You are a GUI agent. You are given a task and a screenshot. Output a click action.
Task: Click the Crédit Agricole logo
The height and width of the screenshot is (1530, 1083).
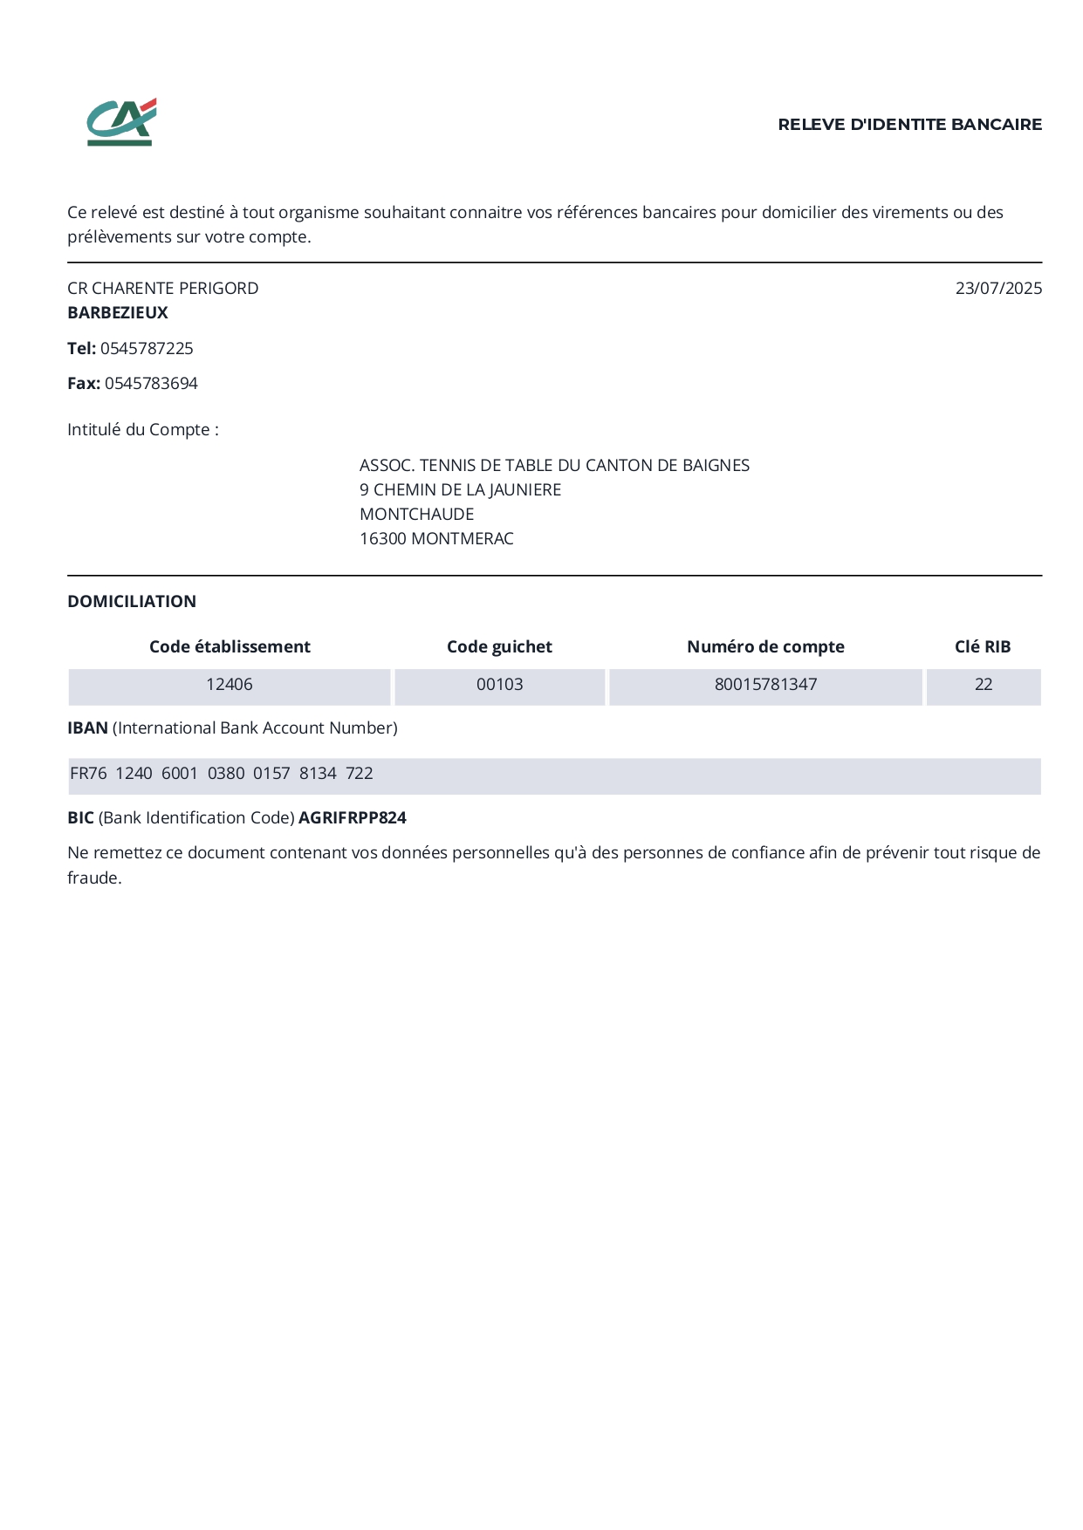click(x=121, y=122)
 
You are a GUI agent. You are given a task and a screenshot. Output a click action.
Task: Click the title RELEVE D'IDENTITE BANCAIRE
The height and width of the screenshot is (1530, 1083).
click(x=909, y=125)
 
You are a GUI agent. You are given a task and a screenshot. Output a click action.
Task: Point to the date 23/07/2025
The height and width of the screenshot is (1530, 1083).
click(x=998, y=289)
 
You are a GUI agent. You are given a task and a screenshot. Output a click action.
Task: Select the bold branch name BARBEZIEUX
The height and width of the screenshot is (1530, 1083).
click(x=118, y=312)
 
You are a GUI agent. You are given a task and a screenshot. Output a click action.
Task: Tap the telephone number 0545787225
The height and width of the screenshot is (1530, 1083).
click(x=147, y=349)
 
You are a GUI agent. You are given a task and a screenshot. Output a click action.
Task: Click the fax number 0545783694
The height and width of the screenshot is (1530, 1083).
click(x=151, y=384)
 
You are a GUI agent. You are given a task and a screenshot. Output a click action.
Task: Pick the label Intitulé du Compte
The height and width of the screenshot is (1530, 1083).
click(x=142, y=430)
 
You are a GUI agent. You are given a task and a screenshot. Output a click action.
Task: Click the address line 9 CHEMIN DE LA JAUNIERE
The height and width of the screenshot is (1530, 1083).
click(x=460, y=490)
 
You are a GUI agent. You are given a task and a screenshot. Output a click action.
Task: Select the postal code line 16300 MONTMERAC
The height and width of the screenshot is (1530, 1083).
click(x=436, y=539)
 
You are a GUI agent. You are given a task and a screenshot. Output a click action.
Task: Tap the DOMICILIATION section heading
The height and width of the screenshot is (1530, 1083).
click(x=132, y=602)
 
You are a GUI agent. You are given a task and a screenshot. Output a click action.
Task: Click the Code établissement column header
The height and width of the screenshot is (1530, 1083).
click(x=230, y=647)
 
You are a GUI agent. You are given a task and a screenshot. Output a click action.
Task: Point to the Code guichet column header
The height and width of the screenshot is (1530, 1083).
click(x=499, y=647)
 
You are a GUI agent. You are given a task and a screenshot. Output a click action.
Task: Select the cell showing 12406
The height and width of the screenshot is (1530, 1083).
click(x=230, y=685)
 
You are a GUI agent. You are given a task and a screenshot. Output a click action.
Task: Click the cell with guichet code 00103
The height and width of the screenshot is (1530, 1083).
click(x=499, y=685)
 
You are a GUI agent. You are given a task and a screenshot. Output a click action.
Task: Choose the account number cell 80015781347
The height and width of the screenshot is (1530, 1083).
click(x=765, y=685)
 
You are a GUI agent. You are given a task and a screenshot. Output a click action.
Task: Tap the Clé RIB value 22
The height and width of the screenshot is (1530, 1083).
click(x=984, y=685)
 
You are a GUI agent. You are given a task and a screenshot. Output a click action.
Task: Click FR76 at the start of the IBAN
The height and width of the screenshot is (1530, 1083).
click(x=88, y=774)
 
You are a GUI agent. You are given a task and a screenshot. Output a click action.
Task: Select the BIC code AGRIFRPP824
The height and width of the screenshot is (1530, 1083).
click(x=353, y=818)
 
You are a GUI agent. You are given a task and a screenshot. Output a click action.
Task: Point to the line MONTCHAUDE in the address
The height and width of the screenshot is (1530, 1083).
click(x=416, y=515)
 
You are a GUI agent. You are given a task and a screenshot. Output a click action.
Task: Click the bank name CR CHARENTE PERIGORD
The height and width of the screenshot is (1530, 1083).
click(x=163, y=289)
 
